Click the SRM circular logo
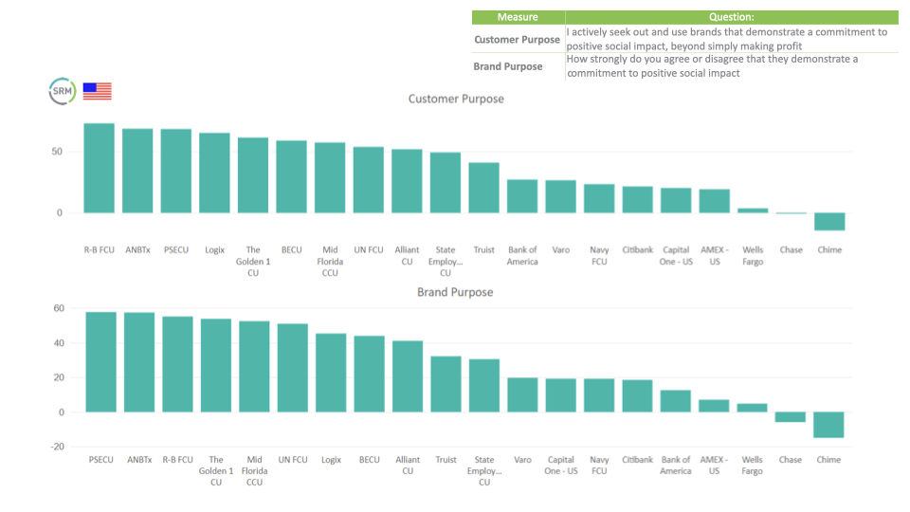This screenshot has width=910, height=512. coord(62,91)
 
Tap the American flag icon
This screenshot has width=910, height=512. coord(97,91)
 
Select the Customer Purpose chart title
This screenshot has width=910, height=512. coord(456,99)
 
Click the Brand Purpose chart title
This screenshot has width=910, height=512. coord(455,292)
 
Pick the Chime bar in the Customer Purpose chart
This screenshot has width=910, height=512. coord(829,221)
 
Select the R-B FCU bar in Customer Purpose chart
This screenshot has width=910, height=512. coord(99,168)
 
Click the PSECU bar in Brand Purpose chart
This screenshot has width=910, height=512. coord(101,362)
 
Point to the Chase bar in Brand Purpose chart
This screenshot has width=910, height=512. coord(791,417)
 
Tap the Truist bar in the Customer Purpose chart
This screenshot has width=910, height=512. coord(483,188)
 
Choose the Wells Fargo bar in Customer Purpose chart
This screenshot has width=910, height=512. coord(753,210)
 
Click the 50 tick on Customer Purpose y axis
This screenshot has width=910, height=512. coord(57,152)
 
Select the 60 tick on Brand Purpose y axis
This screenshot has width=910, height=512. coord(58,308)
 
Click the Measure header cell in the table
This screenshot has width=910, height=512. coord(518,17)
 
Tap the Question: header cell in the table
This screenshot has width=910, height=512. coord(731,17)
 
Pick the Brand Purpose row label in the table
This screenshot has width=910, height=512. coord(508,66)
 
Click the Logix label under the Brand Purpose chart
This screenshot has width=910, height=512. coord(331,460)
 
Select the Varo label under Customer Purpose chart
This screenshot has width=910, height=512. coord(560,250)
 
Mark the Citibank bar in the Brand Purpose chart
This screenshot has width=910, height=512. coord(637,395)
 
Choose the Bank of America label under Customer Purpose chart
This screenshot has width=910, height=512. coord(522,256)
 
